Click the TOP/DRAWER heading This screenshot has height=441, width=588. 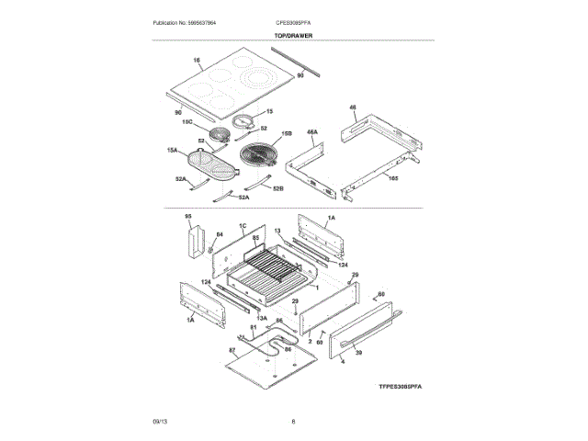click(293, 35)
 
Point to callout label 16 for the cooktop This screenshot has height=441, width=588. click(197, 62)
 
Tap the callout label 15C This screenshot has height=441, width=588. click(187, 121)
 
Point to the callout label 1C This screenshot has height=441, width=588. click(243, 226)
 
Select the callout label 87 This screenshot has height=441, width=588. click(232, 351)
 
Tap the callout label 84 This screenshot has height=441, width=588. click(219, 235)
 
